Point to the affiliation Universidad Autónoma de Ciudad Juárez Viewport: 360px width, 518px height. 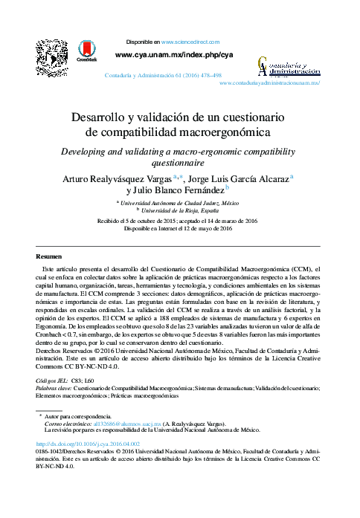click(x=181, y=202)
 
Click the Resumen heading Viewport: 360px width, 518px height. click(x=49, y=253)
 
